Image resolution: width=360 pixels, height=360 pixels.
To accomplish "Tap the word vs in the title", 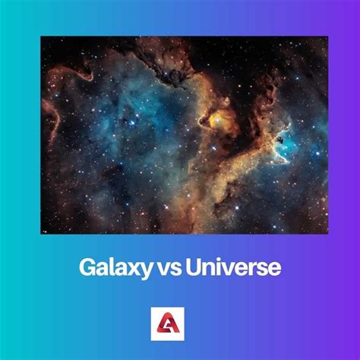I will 168,268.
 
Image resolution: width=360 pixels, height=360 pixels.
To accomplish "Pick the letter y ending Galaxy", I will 140,270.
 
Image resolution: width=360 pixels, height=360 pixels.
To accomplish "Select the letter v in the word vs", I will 163,269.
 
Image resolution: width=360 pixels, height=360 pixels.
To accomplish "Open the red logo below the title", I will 180,322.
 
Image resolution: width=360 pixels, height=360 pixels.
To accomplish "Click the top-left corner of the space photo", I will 41,37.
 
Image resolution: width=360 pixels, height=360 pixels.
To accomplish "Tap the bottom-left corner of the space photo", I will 41,233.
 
